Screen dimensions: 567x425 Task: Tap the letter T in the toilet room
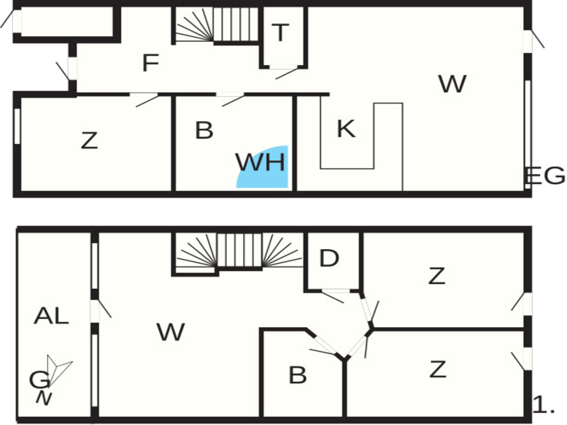coord(280,32)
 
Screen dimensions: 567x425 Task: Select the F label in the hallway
coord(151,63)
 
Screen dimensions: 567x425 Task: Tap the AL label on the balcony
coord(51,316)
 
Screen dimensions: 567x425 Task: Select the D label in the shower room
coord(329,258)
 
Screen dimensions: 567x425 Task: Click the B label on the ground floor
coord(204,130)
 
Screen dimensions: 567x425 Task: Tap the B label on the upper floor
coord(297,375)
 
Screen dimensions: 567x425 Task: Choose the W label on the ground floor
coord(453,84)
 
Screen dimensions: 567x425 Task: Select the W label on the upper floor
coord(171,332)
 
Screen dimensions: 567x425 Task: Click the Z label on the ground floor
coord(89,140)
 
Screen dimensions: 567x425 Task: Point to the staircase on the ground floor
coord(217,25)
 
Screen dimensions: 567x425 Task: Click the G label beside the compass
coord(39,380)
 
